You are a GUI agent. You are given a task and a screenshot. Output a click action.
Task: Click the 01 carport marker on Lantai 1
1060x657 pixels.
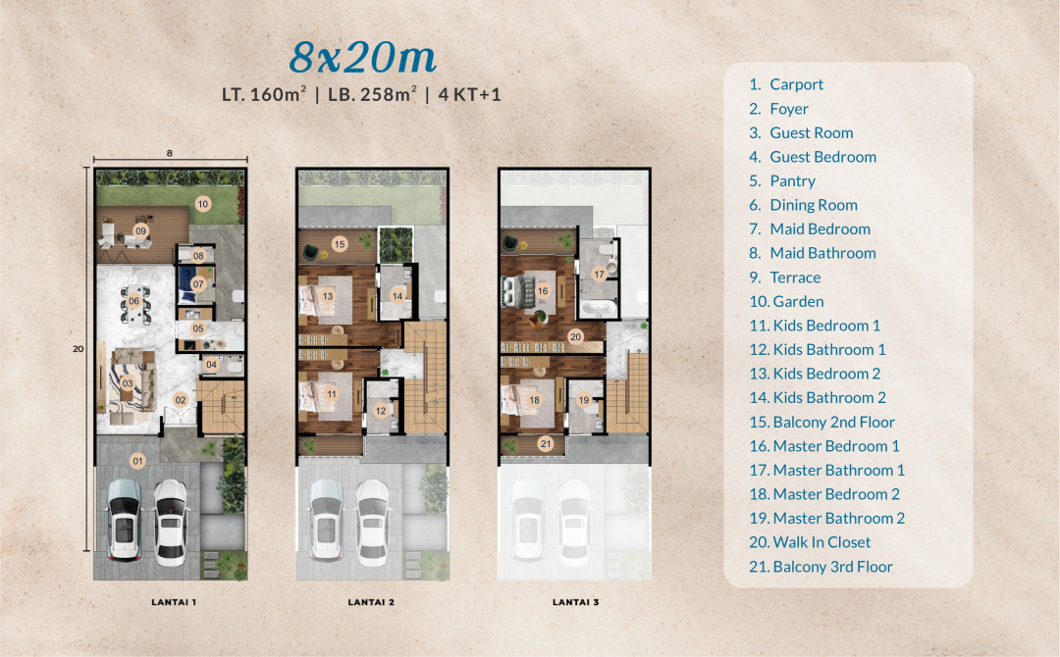point(138,461)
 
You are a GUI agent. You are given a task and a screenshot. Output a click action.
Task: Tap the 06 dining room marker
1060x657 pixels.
point(133,301)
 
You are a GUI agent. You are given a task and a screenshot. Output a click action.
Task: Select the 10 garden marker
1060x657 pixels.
point(203,204)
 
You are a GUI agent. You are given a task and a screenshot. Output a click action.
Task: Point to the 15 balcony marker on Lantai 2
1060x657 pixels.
point(340,244)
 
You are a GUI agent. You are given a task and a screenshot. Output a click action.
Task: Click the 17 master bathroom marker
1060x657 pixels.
point(599,275)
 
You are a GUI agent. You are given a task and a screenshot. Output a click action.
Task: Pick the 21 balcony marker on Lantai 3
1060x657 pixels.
point(546,443)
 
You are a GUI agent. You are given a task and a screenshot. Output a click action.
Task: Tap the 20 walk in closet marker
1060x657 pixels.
point(575,337)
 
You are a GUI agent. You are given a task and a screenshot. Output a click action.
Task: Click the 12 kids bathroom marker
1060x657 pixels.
point(381,411)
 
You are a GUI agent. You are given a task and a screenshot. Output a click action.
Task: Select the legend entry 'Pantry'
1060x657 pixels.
point(782,181)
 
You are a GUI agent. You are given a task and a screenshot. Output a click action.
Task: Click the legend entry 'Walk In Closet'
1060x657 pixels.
point(810,542)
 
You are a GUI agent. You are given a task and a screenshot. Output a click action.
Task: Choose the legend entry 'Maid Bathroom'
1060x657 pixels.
point(813,253)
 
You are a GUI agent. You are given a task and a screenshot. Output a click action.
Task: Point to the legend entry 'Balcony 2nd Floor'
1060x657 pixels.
point(822,422)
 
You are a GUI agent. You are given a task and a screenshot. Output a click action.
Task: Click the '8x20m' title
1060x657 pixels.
point(363,58)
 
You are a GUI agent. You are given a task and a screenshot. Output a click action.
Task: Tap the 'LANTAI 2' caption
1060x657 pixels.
point(371,602)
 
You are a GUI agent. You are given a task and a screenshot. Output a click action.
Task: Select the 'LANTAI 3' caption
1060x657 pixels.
point(576,602)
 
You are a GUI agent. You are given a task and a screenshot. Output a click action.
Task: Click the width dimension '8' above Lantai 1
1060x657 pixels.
point(170,153)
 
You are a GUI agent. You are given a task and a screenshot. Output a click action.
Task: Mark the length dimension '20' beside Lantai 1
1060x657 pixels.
point(79,349)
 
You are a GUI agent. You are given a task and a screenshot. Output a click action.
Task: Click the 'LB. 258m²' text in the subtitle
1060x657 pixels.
point(373,94)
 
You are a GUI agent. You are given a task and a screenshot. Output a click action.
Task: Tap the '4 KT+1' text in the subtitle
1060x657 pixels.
point(470,94)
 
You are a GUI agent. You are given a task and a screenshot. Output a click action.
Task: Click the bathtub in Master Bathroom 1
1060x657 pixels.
point(599,310)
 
